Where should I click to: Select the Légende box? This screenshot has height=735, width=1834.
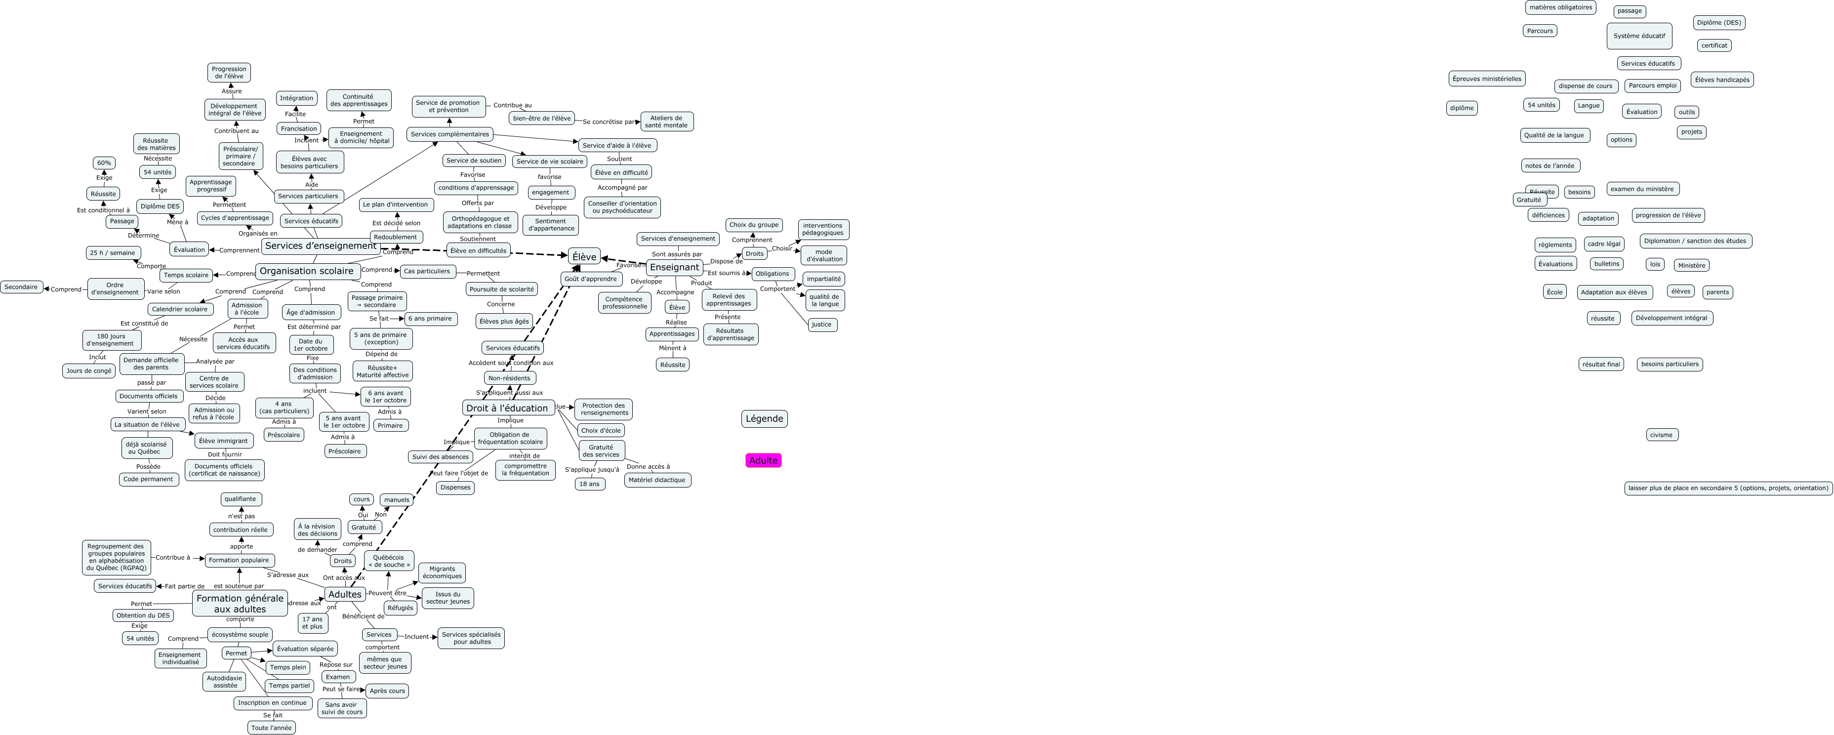tap(764, 419)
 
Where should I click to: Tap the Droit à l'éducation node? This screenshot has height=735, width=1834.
tap(507, 408)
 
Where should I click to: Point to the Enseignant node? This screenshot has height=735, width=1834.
tap(674, 267)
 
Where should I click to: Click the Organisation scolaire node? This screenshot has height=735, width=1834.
tap(306, 271)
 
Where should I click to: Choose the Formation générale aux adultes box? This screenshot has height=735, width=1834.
tap(240, 603)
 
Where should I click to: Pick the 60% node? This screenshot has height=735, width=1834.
tap(104, 163)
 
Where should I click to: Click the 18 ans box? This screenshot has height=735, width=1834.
tap(589, 484)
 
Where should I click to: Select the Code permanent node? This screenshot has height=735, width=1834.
tap(148, 479)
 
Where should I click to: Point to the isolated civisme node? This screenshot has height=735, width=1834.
tap(1661, 435)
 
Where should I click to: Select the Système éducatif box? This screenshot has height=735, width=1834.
tap(1639, 36)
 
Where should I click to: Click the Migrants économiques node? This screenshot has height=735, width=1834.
tap(442, 572)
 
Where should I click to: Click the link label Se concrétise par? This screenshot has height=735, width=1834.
tap(607, 122)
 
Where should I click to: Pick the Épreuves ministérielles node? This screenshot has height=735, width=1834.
tap(1487, 79)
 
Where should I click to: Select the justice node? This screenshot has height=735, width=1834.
tap(821, 325)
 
